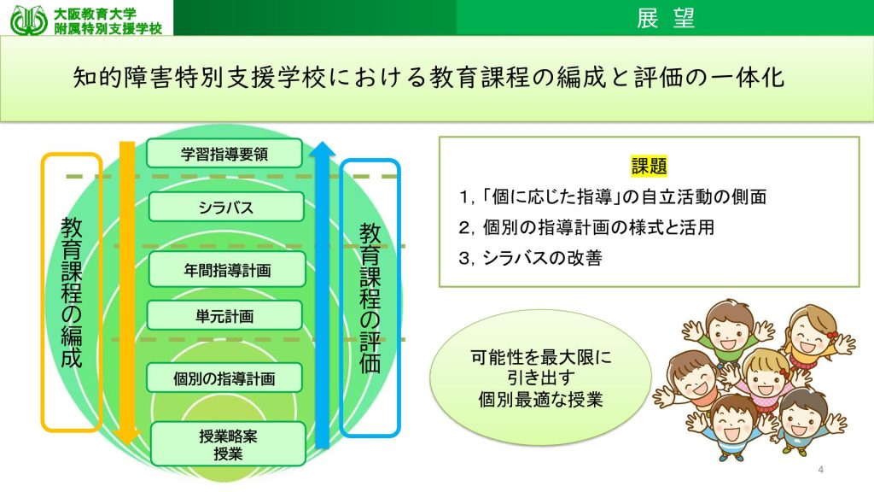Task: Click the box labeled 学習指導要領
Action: pyautogui.click(x=224, y=154)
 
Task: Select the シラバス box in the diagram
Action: pyautogui.click(x=225, y=207)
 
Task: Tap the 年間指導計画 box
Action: pyautogui.click(x=227, y=270)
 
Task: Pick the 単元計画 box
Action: pyautogui.click(x=224, y=316)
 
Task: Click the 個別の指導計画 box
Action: pyautogui.click(x=224, y=378)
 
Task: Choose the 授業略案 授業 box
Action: pyautogui.click(x=228, y=444)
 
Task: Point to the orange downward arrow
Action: pyautogui.click(x=128, y=293)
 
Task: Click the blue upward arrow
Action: pyautogui.click(x=322, y=295)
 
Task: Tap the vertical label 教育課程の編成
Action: pyautogui.click(x=72, y=292)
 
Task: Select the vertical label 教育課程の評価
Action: pyautogui.click(x=370, y=298)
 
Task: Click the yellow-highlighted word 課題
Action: pyautogui.click(x=649, y=166)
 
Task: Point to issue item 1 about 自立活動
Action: pyautogui.click(x=613, y=196)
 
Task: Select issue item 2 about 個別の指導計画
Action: pyautogui.click(x=586, y=227)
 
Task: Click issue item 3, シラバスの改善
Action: pyautogui.click(x=530, y=258)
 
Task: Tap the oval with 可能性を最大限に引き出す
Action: pyautogui.click(x=540, y=378)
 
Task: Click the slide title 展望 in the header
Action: pyautogui.click(x=666, y=18)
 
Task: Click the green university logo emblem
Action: pyautogui.click(x=29, y=20)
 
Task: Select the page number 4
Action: pyautogui.click(x=820, y=470)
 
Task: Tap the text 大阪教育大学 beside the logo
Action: pyautogui.click(x=95, y=14)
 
